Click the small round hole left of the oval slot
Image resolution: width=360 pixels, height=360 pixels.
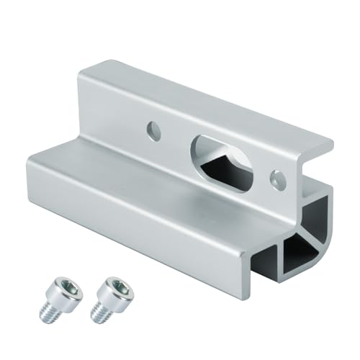pos(153,130)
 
